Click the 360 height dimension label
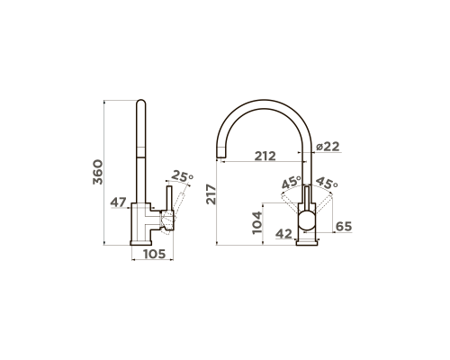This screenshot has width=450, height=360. tap(98, 172)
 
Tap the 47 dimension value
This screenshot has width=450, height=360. tap(118, 202)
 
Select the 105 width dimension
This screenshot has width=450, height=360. tap(155, 254)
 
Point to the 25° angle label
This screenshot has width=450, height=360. tap(182, 176)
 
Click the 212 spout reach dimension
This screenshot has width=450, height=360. tap(265, 156)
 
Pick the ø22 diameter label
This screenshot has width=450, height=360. tap(328, 147)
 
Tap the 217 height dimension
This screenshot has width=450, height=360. tap(211, 194)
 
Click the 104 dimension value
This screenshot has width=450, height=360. tap(257, 223)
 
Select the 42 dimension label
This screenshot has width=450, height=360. tap(283, 234)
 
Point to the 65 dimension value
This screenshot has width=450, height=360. tap(344, 227)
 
